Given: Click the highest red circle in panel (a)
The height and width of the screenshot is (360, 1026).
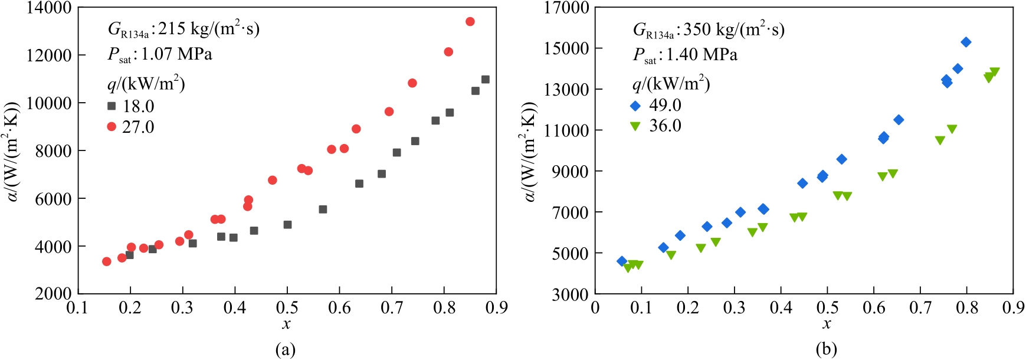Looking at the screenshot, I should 470,22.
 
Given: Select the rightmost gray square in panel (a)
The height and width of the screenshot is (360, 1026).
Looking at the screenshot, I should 486,80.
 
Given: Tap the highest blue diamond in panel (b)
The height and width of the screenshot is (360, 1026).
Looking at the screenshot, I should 966,42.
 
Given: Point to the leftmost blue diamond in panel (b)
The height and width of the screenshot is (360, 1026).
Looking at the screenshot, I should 622,261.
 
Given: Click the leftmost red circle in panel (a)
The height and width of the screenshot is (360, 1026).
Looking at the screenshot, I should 107,261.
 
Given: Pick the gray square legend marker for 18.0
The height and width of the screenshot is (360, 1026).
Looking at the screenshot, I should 112,106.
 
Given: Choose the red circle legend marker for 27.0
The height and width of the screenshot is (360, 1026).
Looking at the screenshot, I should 112,127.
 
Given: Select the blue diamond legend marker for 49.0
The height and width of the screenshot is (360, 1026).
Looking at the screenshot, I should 635,106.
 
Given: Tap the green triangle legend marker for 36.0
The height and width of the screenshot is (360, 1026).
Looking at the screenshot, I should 635,126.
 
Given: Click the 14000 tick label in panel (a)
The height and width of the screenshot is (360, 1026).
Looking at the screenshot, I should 48,8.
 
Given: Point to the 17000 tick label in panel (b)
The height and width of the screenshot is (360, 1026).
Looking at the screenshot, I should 567,8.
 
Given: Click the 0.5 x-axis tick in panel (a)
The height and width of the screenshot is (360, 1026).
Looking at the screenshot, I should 287,307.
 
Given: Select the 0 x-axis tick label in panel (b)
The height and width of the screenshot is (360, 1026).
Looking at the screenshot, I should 595,307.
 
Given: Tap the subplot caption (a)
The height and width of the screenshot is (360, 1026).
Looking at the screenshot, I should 286,349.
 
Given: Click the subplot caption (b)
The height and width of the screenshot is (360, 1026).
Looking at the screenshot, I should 827,349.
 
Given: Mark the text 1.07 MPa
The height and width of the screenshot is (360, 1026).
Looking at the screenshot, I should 176,54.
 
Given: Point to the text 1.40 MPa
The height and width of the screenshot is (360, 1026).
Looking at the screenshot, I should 702,55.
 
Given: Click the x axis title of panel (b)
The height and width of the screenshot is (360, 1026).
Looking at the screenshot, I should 827,324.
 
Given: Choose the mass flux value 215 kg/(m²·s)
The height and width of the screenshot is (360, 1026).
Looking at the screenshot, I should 209,28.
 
